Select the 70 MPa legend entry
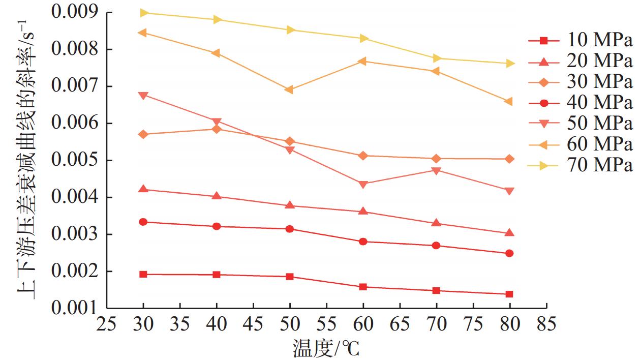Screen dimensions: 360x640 point(580,165)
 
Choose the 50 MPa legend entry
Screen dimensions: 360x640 point(580,124)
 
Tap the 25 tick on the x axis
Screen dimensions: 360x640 point(107,323)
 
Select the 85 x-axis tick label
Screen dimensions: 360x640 point(546,323)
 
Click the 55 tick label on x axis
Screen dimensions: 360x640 point(326,323)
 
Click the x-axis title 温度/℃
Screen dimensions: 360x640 point(326,348)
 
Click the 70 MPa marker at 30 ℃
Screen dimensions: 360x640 point(143,13)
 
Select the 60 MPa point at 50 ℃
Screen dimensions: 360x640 point(289,90)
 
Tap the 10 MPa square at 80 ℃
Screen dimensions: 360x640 point(509,294)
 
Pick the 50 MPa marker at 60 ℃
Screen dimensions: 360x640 point(363,184)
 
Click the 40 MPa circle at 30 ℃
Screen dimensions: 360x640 point(143,222)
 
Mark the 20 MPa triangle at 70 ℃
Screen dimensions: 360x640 point(436,223)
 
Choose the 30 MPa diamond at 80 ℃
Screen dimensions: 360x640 point(509,159)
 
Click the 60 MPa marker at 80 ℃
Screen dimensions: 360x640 point(509,102)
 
